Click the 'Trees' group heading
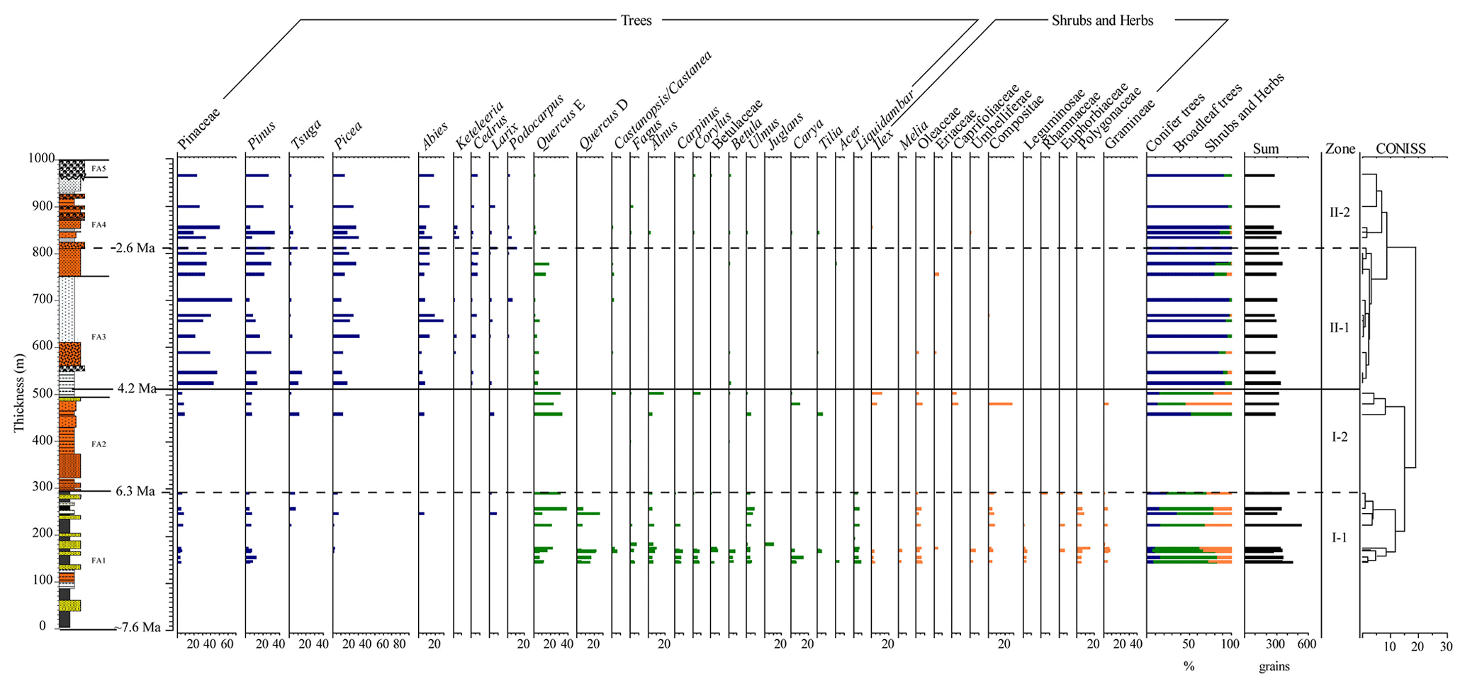[x=636, y=21]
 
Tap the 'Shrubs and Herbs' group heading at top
[x=1102, y=21]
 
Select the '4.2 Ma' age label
[x=137, y=388]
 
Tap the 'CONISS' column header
[x=1401, y=149]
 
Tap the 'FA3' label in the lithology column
[x=99, y=337]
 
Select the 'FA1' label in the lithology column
[x=99, y=561]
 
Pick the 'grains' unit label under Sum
[x=1274, y=666]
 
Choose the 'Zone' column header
[x=1340, y=149]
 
